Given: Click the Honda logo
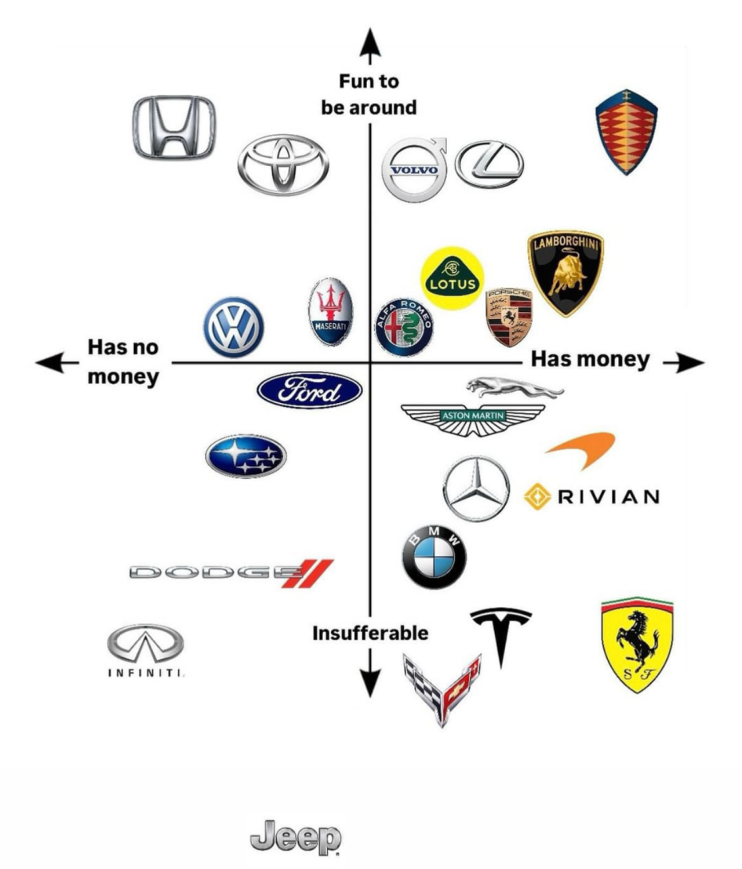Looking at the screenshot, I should (x=173, y=128).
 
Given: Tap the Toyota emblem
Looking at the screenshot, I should (x=282, y=164).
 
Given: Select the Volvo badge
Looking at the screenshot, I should (x=414, y=170).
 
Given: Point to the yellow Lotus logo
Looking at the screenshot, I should (x=452, y=277).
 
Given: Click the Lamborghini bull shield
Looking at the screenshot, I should (x=566, y=273).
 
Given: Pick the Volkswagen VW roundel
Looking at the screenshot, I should (x=233, y=326).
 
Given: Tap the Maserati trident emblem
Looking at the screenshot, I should (x=330, y=312).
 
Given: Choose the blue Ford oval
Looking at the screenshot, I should (x=310, y=391).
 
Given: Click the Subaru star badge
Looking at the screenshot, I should (x=246, y=456).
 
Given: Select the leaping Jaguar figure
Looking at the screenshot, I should (x=515, y=388).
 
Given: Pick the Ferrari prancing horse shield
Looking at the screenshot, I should (x=637, y=645).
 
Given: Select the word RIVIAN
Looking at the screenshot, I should (x=609, y=497).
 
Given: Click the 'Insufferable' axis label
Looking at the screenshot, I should (x=369, y=634).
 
